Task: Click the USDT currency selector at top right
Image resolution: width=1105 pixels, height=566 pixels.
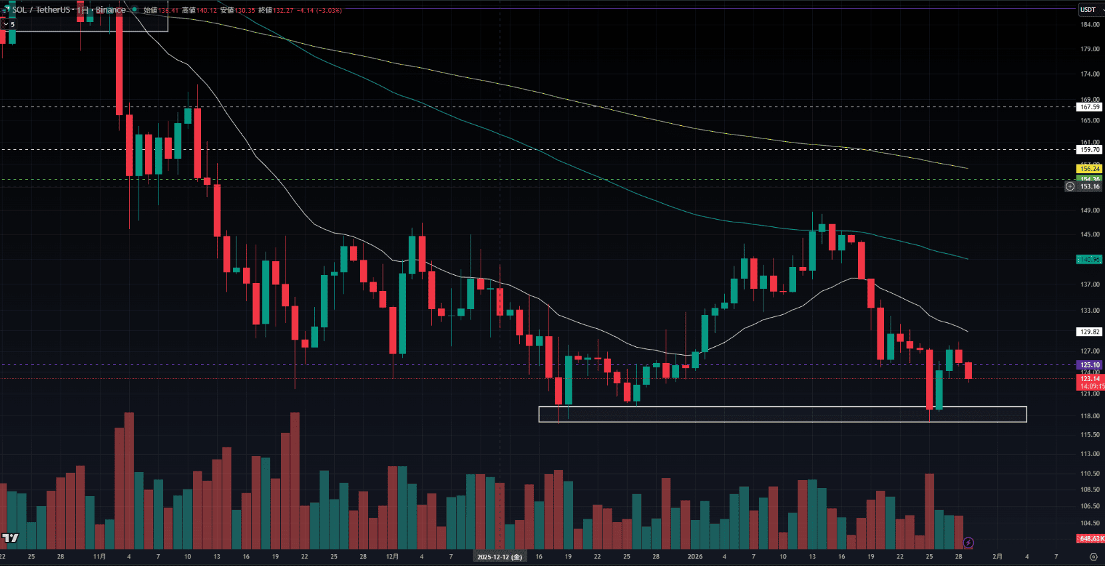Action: (x=1089, y=9)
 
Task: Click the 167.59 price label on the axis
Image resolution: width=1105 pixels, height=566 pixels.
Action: (x=1090, y=107)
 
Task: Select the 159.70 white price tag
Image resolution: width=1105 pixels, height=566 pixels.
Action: (x=1090, y=150)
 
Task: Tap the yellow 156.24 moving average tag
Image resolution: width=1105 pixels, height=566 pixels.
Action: (x=1090, y=169)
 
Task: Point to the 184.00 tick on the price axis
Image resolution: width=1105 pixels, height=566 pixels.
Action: (x=1090, y=25)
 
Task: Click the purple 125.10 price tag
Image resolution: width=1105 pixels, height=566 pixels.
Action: (x=1090, y=365)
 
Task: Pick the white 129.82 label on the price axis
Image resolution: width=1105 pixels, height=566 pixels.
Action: (x=1090, y=332)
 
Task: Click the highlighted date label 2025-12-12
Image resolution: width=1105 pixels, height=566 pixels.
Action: (x=499, y=557)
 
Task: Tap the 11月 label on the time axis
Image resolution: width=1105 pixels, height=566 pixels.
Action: (x=100, y=557)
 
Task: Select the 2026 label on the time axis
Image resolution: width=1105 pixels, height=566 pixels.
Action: (x=695, y=557)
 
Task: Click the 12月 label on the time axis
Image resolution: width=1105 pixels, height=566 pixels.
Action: (x=393, y=557)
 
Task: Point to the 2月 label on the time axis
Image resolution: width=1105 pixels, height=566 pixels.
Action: (x=997, y=557)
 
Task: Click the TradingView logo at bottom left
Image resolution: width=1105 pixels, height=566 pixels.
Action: (x=10, y=538)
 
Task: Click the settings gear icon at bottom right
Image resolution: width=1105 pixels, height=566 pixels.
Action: (x=1093, y=557)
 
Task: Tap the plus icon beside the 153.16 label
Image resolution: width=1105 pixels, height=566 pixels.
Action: (x=1070, y=186)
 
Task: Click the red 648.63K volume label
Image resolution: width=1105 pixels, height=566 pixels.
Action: (x=1090, y=539)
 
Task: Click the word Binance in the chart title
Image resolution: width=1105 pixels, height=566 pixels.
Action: (x=110, y=10)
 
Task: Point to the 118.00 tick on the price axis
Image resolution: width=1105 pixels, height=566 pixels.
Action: (x=1090, y=416)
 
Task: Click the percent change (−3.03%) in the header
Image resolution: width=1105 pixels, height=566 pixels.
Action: (x=329, y=11)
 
